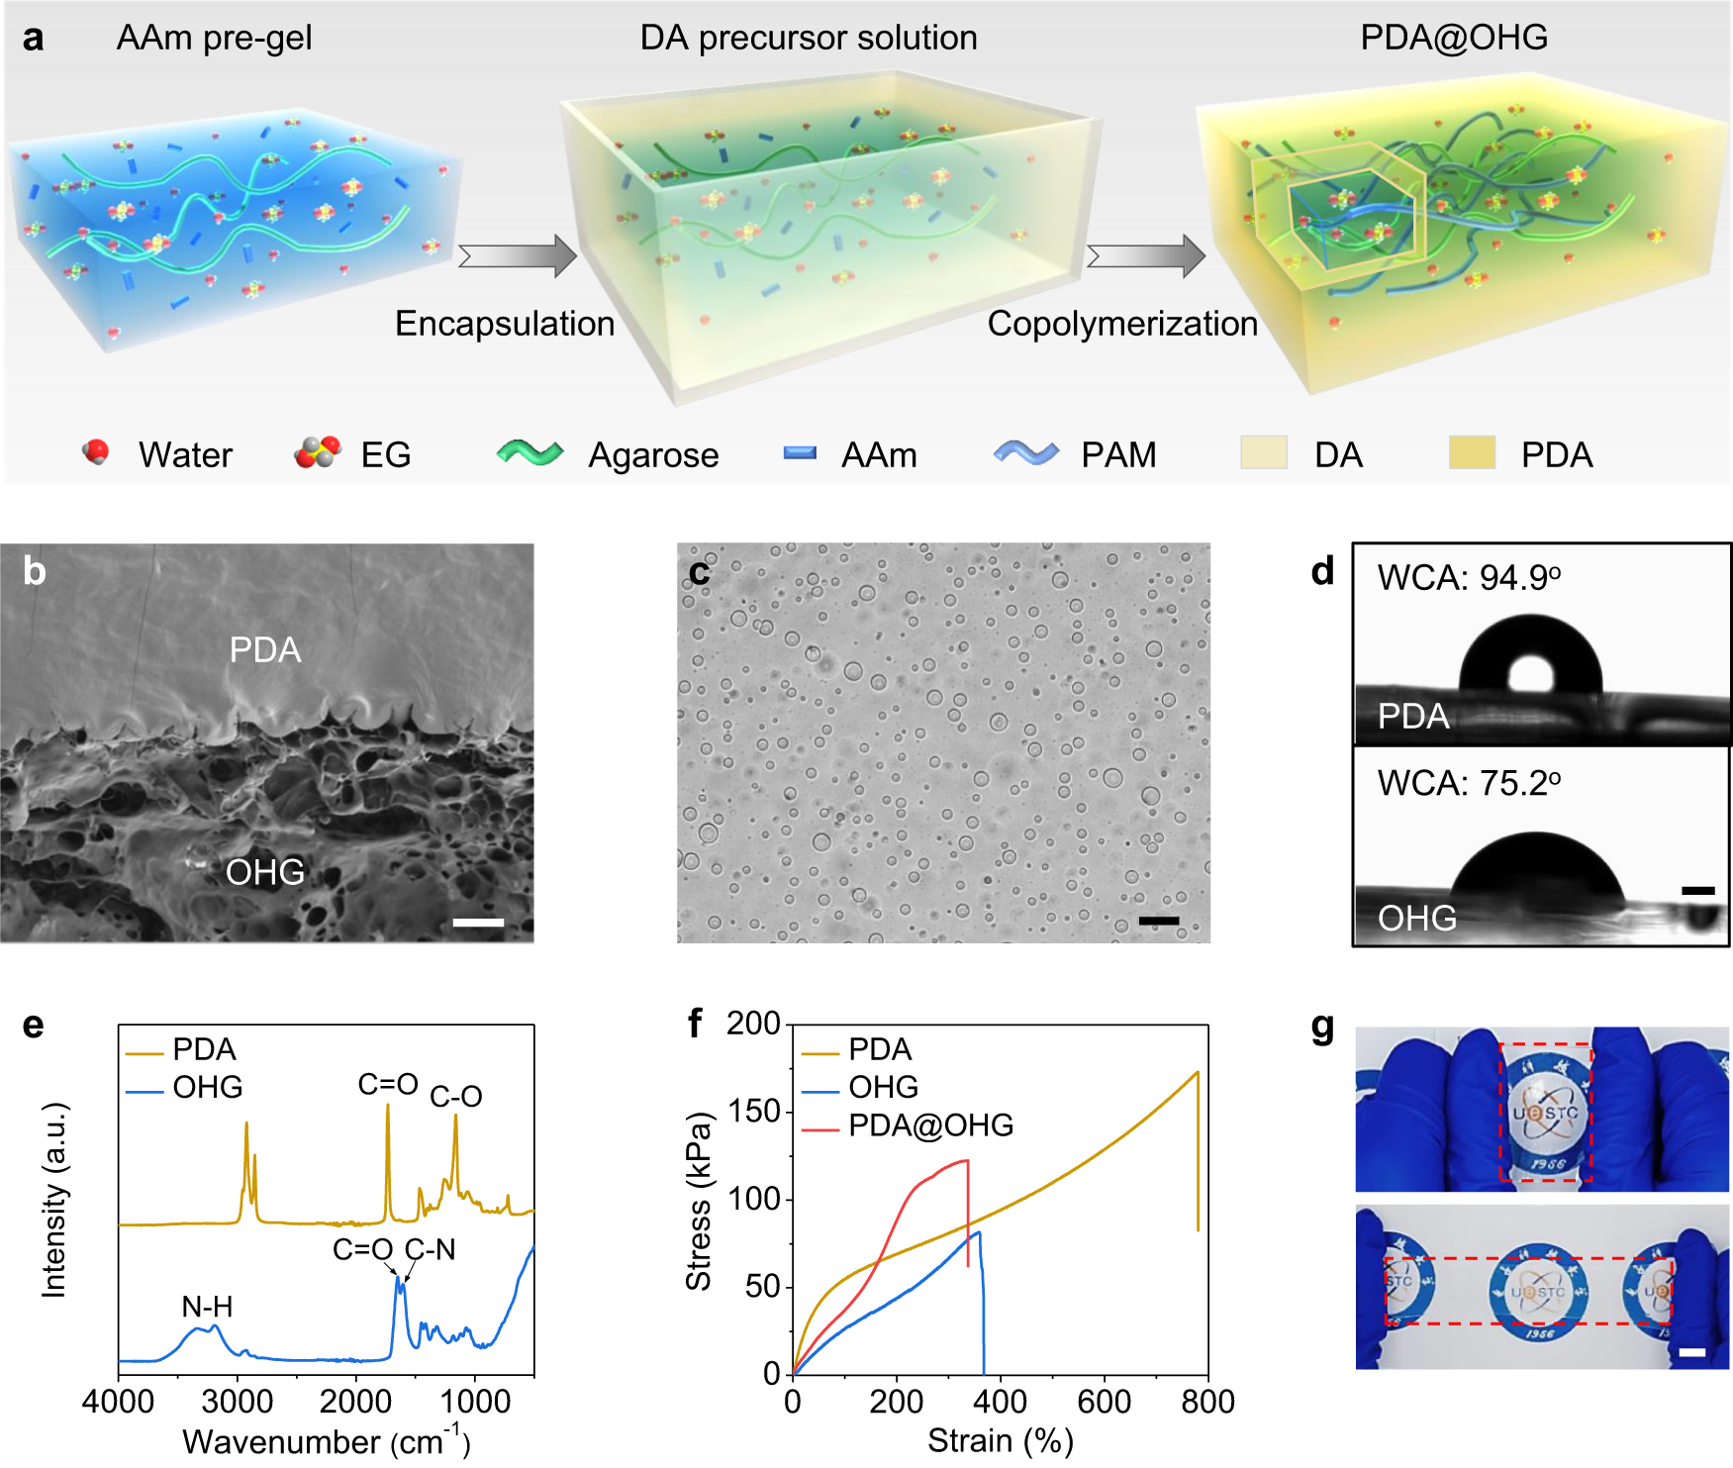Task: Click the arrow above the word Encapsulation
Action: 518,256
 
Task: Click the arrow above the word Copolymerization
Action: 1146,256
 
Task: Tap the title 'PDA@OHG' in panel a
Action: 1453,38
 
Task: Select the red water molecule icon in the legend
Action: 96,452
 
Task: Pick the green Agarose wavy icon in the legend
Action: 530,453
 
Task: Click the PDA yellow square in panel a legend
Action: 1471,453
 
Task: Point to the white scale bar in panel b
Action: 478,923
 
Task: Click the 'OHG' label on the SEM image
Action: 264,872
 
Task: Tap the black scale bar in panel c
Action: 1158,921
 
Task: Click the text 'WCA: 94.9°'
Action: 1469,577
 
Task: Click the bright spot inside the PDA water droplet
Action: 1530,675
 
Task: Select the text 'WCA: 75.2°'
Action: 1469,783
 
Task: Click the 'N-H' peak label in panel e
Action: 207,1307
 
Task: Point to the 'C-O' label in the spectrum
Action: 455,1097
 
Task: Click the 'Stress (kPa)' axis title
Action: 699,1201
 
